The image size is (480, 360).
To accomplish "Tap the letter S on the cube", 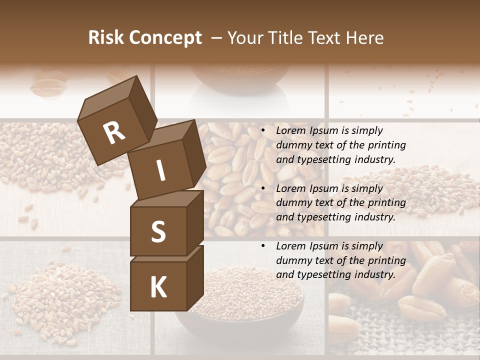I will (158, 232).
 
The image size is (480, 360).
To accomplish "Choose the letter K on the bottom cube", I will (158, 287).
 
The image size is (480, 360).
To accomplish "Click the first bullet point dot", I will (263, 130).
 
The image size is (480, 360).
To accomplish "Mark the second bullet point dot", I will (263, 188).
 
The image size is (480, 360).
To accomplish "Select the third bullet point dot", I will (263, 246).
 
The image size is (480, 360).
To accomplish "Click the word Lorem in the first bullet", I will (290, 130).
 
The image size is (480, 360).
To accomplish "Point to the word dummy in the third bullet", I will (292, 260).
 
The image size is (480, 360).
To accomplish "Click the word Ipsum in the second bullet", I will (322, 188).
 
